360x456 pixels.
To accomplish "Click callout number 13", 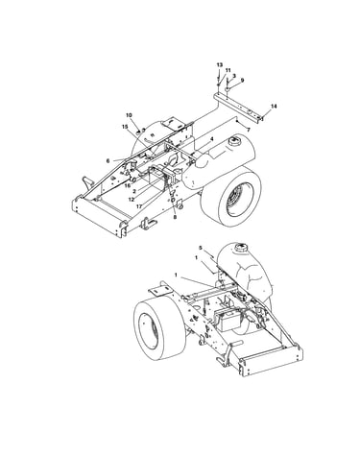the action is click(x=219, y=65).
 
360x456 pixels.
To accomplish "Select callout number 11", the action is click(x=228, y=70).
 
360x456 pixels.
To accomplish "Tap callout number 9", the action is click(x=242, y=81).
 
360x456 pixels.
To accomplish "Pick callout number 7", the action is click(x=249, y=130).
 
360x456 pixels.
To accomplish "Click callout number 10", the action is click(x=129, y=115).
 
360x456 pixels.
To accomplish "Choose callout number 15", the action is click(x=125, y=127).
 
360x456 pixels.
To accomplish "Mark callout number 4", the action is click(x=211, y=139).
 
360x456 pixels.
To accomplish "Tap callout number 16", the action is click(x=128, y=185).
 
